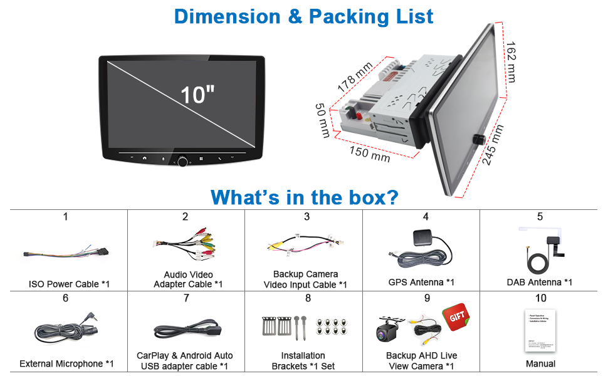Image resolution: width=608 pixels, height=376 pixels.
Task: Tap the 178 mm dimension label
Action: pyautogui.click(x=355, y=73)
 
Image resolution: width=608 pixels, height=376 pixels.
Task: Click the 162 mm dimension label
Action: pyautogui.click(x=510, y=61)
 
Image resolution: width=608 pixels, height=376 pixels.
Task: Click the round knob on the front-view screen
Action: pyautogui.click(x=182, y=162)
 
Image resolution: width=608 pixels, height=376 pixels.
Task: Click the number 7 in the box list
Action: pyautogui.click(x=186, y=298)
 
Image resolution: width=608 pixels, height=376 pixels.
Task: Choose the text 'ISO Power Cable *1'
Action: pyautogui.click(x=69, y=284)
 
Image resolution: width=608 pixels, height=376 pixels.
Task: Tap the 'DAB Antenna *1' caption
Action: pyautogui.click(x=539, y=282)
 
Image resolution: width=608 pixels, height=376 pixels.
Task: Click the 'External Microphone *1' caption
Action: pyautogui.click(x=66, y=363)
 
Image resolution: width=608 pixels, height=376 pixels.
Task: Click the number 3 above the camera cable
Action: pyautogui.click(x=307, y=217)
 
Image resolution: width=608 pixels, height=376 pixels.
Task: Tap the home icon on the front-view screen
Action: pyautogui.click(x=145, y=158)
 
